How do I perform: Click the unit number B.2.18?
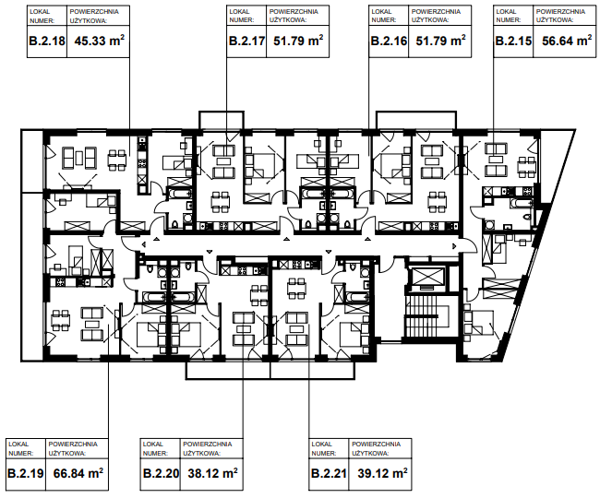tap(47, 41)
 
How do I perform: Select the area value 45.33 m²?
tap(100, 41)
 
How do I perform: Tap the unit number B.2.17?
tap(246, 41)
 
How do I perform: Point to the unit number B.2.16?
tap(389, 41)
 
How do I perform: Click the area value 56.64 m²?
tap(567, 41)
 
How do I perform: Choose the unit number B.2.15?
tap(513, 41)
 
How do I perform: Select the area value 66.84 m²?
tap(78, 473)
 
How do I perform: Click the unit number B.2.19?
tap(26, 474)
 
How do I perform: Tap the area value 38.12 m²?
tap(212, 473)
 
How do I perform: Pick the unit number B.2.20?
tap(162, 474)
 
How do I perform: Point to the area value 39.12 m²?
tap(382, 473)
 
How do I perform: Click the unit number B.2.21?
tap(330, 474)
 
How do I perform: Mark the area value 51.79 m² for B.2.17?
tap(298, 41)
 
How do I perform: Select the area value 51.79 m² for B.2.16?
tap(441, 41)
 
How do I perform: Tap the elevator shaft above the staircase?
tap(426, 278)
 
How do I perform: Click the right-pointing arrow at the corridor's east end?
tap(454, 246)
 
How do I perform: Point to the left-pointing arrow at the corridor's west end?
tap(143, 244)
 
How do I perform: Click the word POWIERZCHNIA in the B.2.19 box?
tap(73, 445)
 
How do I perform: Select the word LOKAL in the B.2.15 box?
tap(506, 11)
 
